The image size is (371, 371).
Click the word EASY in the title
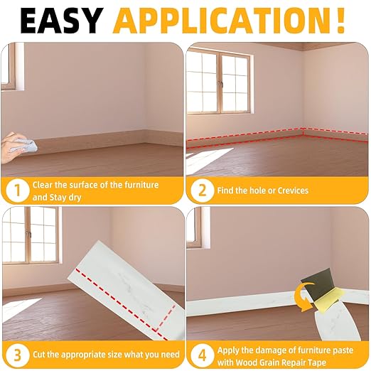tap(62, 20)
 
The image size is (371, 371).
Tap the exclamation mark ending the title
tap(340, 20)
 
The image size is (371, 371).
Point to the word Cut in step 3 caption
tap(40, 354)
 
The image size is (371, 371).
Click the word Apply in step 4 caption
tap(230, 348)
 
